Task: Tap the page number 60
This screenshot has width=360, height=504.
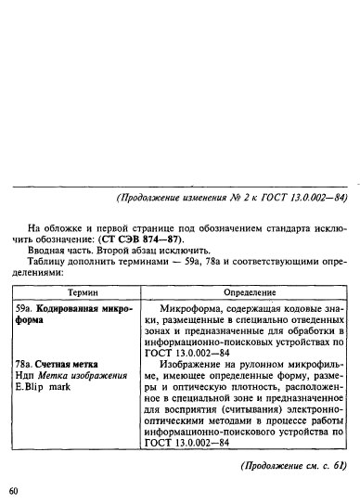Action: click(14, 489)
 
